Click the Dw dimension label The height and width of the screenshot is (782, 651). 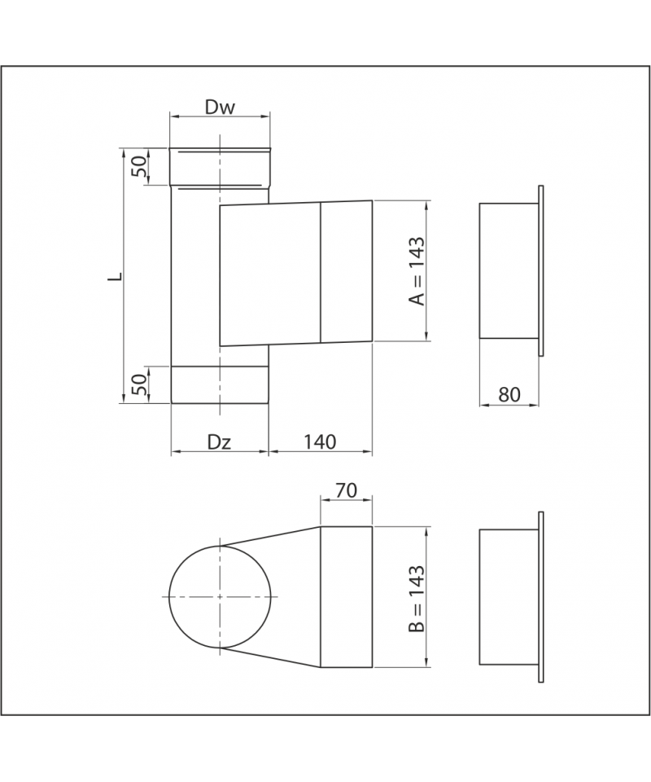(x=220, y=108)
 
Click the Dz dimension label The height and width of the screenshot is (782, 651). (x=219, y=442)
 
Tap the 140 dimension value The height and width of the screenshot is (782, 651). (x=320, y=442)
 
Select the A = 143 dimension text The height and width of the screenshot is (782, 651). (x=417, y=270)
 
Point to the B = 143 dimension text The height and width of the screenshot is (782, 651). (x=417, y=599)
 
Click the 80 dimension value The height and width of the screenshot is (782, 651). (x=509, y=394)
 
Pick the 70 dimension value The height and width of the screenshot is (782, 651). (x=346, y=490)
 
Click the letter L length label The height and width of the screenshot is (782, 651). (x=115, y=276)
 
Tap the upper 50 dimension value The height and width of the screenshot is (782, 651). (x=140, y=166)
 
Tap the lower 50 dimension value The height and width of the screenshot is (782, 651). (x=141, y=384)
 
